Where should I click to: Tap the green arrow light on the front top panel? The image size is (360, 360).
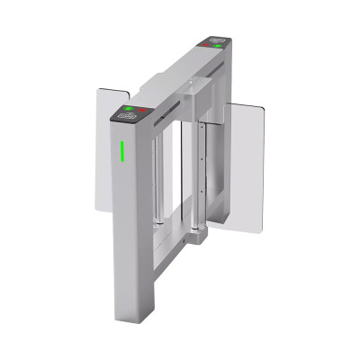pos(129,110)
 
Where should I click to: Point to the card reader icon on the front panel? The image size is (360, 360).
pos(124,116)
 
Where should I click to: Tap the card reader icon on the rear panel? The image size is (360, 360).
pos(217,40)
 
